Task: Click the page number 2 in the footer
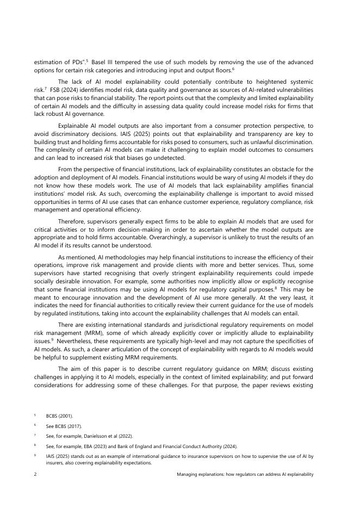pyautogui.click(x=35, y=474)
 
